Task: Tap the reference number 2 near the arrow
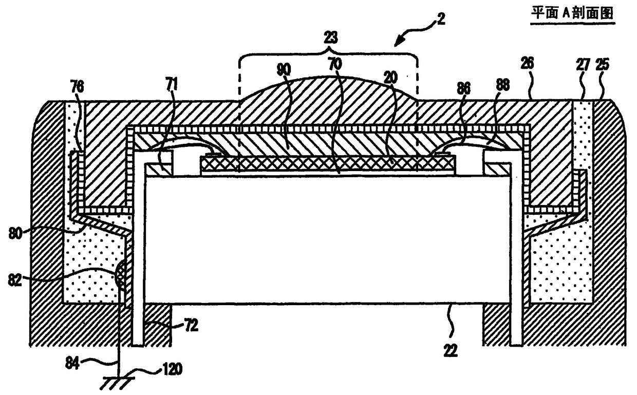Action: (x=441, y=20)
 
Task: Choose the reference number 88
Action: (x=502, y=85)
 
